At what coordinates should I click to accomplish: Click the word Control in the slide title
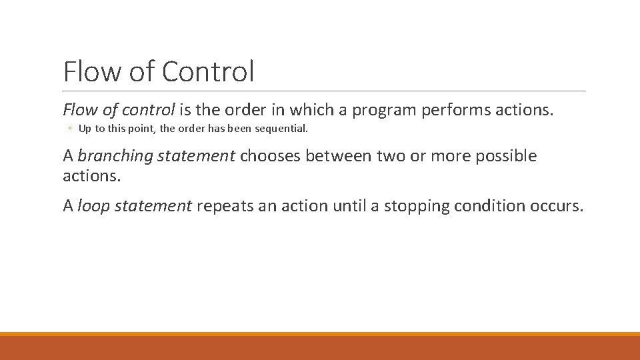[208, 71]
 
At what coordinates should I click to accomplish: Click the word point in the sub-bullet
[131, 128]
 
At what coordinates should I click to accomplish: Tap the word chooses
[269, 156]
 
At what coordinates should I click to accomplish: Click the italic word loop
[92, 206]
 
